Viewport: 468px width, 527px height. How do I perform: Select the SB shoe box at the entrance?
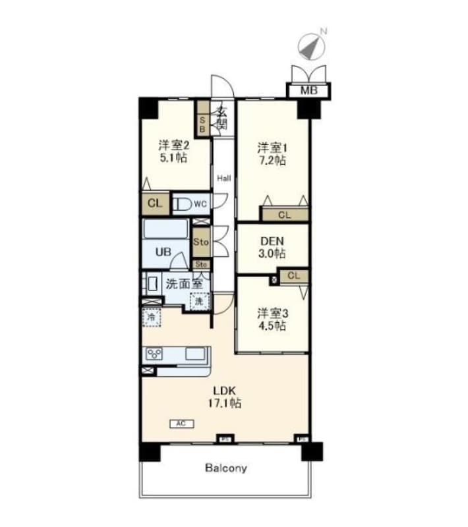202,125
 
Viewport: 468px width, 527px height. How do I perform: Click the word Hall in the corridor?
224,178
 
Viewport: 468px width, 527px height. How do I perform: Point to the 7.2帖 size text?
272,160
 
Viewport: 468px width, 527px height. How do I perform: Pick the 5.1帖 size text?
173,158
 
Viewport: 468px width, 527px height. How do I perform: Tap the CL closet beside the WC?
154,204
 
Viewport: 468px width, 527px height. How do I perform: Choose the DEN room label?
272,240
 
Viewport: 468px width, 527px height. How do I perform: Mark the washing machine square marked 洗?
198,300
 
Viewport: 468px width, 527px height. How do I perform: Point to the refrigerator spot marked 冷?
152,317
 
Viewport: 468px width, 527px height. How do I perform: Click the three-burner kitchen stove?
155,354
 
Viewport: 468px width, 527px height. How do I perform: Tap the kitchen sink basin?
196,354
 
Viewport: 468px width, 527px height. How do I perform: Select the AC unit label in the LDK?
180,423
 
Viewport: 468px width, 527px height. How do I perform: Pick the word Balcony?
225,468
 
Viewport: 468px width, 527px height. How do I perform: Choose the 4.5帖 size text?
272,325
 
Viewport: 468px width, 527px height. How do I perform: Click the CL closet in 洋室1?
284,214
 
